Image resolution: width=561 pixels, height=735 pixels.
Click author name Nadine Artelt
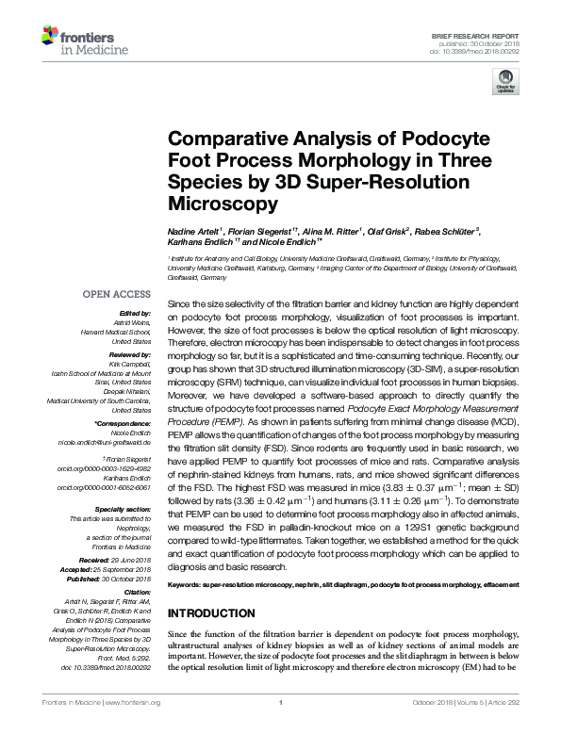tap(193, 229)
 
